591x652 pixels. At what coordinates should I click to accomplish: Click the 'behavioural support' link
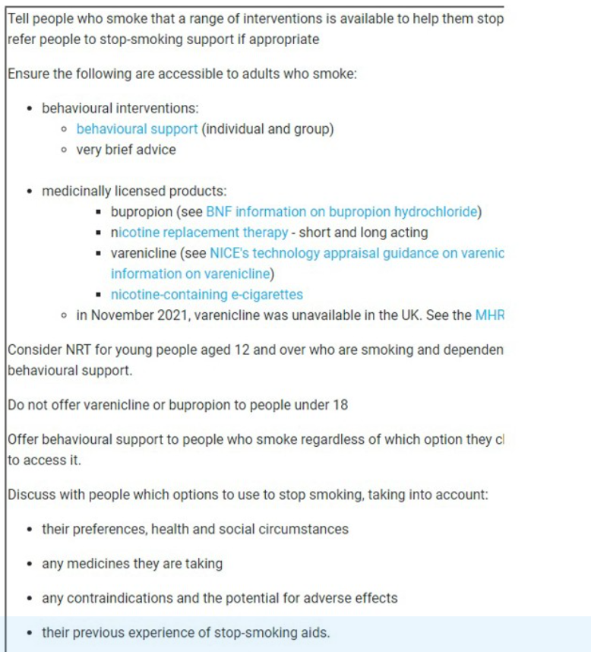tap(137, 129)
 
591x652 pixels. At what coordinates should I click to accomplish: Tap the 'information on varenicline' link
tap(190, 274)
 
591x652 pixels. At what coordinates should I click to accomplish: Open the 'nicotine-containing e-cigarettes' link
tap(207, 294)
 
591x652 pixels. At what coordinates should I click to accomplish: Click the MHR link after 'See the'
tap(490, 315)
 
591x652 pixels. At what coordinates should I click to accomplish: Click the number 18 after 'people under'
tap(340, 405)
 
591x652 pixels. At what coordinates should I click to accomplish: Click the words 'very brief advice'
tap(125, 150)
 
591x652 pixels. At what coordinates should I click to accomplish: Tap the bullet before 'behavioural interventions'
tap(29, 109)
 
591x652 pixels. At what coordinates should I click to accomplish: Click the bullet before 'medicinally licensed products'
tap(29, 191)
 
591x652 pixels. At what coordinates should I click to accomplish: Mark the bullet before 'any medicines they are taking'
tap(29, 565)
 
